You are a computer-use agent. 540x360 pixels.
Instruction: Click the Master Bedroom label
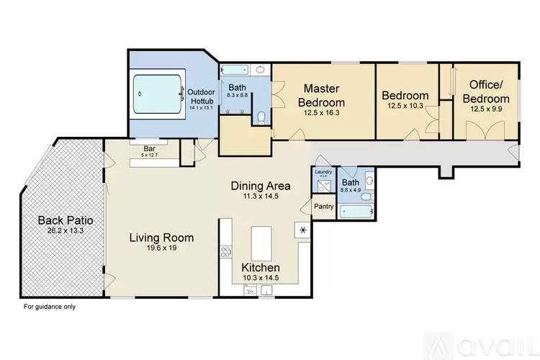321,95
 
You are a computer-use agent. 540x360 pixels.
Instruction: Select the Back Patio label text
60,220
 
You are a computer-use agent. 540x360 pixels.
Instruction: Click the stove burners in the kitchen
225,252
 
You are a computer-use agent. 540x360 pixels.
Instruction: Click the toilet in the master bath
261,117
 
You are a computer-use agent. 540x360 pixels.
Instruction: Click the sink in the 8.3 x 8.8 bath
260,71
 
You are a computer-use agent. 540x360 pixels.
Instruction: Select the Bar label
148,149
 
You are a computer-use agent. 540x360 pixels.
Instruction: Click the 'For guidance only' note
49,307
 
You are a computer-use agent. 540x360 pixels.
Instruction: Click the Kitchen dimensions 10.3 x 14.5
260,278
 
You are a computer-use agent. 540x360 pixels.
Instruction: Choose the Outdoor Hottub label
201,97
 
